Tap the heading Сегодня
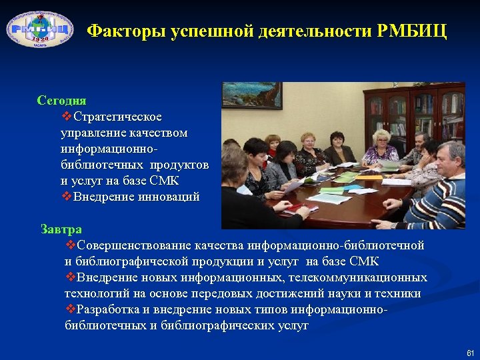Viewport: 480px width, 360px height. click(x=61, y=101)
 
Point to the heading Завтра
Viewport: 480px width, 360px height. click(x=61, y=229)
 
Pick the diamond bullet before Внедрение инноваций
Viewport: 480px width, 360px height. click(x=66, y=197)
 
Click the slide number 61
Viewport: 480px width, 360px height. click(x=470, y=352)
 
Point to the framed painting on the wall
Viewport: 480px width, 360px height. click(x=251, y=95)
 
